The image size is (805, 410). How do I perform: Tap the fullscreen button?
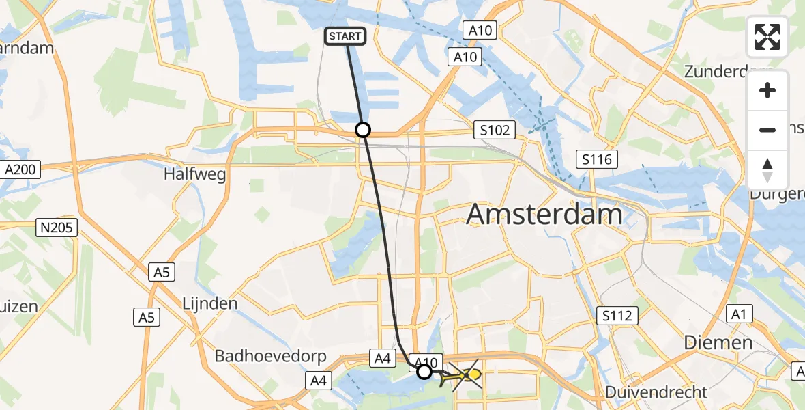tap(767, 37)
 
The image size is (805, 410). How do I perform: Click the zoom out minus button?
tap(767, 130)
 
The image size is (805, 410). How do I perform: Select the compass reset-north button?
tap(767, 169)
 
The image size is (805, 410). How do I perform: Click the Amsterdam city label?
tap(544, 215)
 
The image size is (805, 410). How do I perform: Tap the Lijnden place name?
tap(209, 303)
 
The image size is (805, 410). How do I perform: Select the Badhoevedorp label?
tap(271, 356)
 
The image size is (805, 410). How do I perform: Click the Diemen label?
tap(719, 342)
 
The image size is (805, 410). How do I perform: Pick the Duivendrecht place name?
tap(656, 392)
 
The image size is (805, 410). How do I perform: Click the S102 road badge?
tap(495, 130)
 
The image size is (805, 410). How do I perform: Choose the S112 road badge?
tap(617, 315)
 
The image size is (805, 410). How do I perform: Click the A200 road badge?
tap(23, 168)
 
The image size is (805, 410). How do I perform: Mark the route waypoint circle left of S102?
tap(363, 130)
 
